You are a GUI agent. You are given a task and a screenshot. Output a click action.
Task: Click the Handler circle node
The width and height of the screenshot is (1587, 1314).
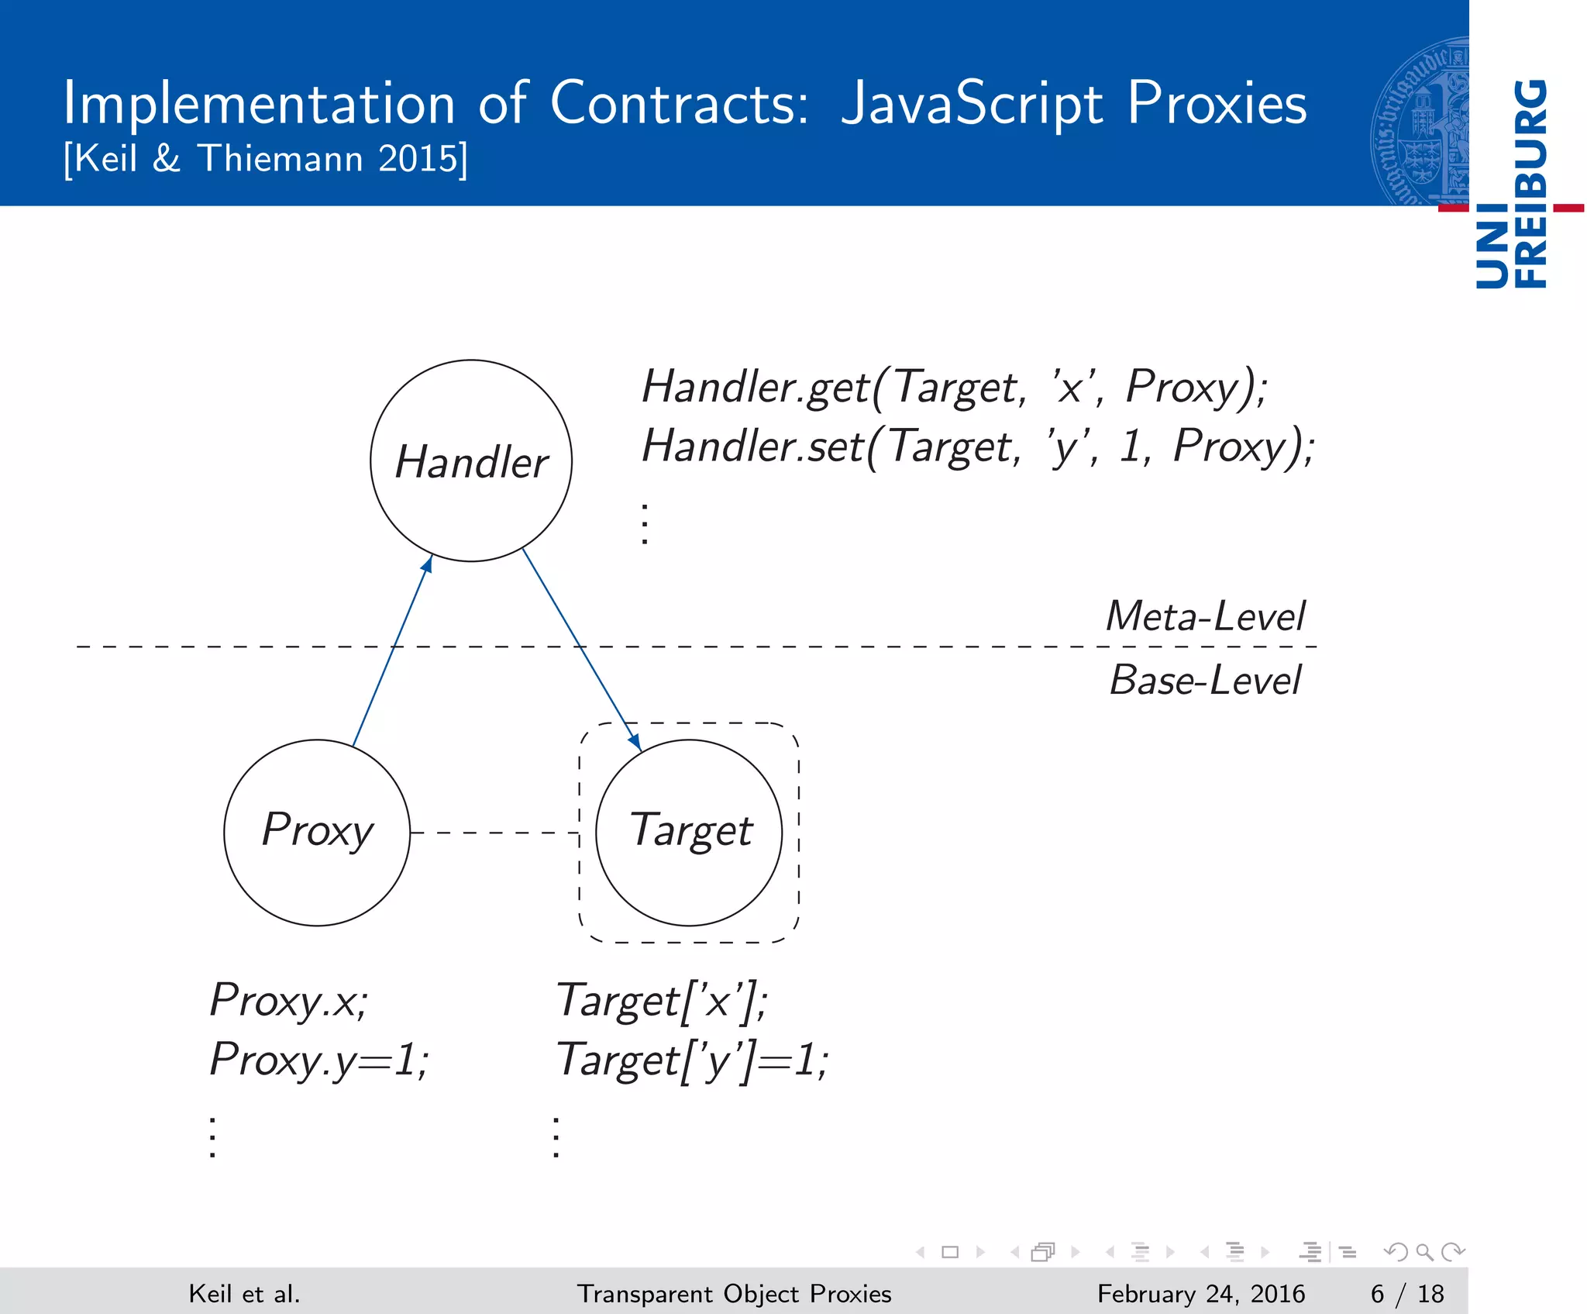471,460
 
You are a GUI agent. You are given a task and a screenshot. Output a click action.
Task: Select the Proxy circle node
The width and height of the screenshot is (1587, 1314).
317,832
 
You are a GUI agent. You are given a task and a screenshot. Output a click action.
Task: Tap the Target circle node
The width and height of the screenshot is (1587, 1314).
689,832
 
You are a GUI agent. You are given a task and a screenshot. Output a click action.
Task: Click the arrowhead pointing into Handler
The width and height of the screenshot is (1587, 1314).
427,564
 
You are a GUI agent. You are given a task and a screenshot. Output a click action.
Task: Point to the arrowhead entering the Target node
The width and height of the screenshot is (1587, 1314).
635,742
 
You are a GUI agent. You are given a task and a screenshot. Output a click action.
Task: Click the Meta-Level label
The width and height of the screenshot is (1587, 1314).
1204,616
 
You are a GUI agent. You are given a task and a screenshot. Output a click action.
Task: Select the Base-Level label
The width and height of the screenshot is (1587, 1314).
1204,680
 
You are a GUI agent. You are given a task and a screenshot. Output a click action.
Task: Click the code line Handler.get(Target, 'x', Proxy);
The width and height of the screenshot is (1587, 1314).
955,386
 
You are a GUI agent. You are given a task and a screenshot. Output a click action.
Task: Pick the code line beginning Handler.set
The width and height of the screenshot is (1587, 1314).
978,447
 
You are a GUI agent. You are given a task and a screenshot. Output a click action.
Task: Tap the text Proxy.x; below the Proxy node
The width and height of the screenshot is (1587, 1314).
289,1000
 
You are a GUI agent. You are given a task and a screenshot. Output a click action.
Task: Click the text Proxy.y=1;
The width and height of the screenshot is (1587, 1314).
318,1060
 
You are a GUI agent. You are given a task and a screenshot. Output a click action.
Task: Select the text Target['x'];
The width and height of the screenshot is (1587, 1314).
662,1000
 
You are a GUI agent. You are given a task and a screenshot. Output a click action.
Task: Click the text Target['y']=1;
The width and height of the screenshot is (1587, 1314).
692,1060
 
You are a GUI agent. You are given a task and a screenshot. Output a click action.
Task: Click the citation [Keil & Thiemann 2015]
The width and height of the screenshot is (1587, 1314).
266,159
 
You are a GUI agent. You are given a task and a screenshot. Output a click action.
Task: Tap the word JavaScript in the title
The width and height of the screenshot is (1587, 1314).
972,103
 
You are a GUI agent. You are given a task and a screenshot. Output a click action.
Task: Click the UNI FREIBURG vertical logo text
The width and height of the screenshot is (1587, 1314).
1512,184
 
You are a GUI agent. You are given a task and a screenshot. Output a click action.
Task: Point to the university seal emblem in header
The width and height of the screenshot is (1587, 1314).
1420,120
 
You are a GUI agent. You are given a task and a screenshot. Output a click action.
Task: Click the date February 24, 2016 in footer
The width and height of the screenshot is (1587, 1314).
1200,1294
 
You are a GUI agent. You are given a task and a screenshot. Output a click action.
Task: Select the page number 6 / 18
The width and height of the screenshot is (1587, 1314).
1406,1294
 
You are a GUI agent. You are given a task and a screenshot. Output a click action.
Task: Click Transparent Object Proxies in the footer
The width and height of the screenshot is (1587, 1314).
734,1294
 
